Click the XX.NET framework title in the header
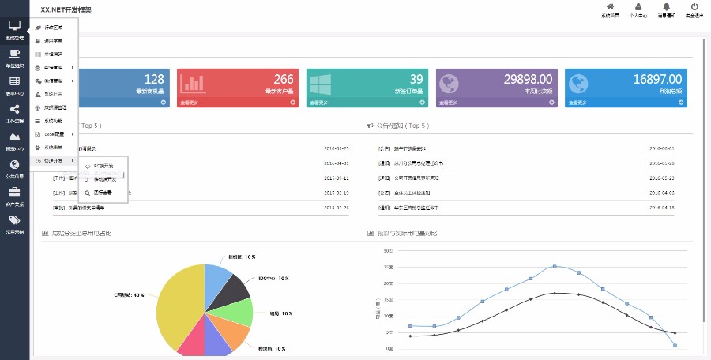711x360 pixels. (x=66, y=10)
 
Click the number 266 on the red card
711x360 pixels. (x=283, y=79)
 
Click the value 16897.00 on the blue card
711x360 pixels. (x=657, y=79)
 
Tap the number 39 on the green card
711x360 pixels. (x=416, y=79)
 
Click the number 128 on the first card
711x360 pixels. (x=154, y=79)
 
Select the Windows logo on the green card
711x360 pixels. (x=320, y=84)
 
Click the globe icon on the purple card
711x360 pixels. (x=449, y=84)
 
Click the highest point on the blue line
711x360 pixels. (x=555, y=266)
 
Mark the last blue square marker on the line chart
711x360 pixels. (x=675, y=345)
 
